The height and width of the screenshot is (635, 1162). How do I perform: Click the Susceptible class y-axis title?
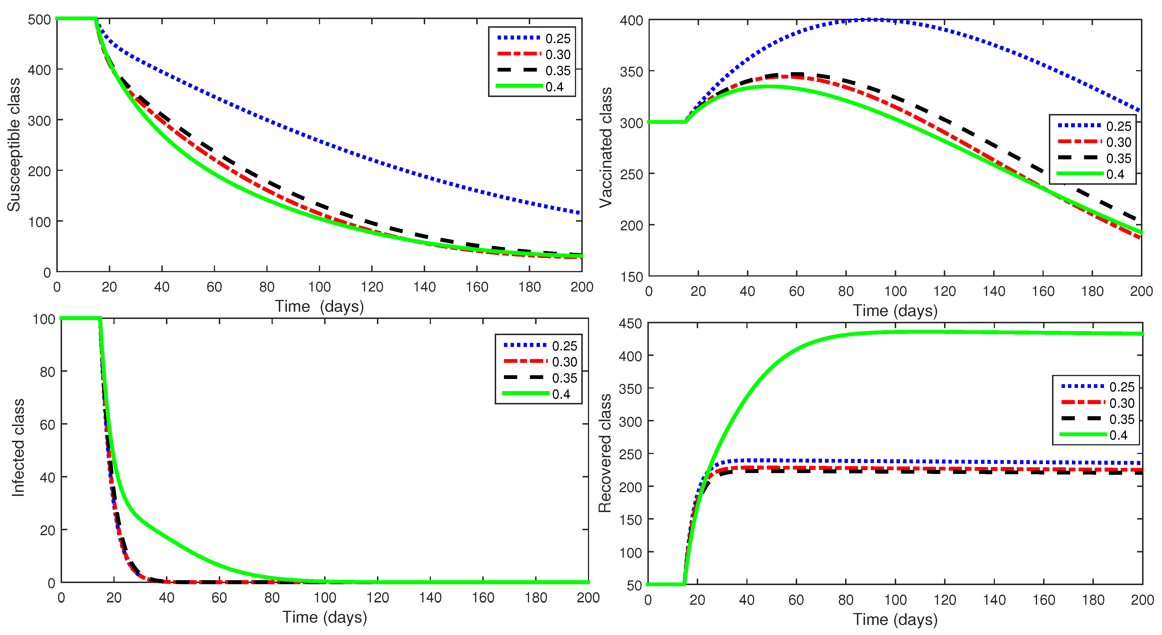point(14,144)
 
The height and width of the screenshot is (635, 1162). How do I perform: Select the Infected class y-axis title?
point(18,447)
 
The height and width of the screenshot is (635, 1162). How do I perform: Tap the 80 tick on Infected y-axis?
point(47,372)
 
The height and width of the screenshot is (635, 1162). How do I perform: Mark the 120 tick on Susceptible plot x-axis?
point(372,287)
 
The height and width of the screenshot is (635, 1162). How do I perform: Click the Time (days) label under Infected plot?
point(324,617)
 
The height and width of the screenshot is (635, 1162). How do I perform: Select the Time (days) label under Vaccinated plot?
point(895,311)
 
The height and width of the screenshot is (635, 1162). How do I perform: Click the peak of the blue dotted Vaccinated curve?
point(875,19)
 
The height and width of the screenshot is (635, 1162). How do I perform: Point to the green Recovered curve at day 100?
point(895,333)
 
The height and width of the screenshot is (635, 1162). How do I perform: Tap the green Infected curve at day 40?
point(167,537)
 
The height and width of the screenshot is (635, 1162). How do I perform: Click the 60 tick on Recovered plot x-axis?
point(796,600)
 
